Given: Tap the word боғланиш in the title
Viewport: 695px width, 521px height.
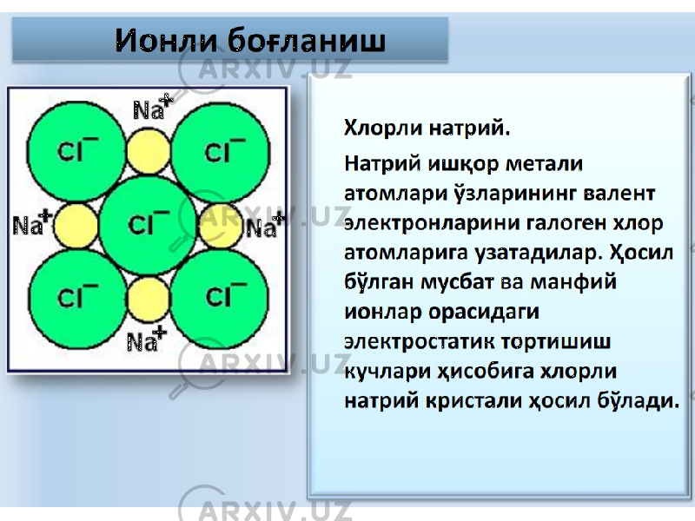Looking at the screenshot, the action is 307,40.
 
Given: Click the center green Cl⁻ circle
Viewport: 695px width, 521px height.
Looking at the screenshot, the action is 148,225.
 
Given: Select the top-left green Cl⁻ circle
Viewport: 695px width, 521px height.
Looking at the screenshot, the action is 76,151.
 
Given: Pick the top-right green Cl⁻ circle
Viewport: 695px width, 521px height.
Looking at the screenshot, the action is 221,151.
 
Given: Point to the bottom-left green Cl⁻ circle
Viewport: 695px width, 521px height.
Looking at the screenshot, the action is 77,298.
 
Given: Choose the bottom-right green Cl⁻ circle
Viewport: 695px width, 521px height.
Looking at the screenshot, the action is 220,298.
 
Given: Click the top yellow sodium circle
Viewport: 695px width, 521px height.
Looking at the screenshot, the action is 149,151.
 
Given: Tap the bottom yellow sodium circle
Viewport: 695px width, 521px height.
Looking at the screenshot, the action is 149,300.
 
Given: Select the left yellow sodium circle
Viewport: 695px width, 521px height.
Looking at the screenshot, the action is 76,226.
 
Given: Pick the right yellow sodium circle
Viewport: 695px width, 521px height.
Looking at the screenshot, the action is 221,226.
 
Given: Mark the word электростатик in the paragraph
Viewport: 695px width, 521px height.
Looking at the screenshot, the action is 420,341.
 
